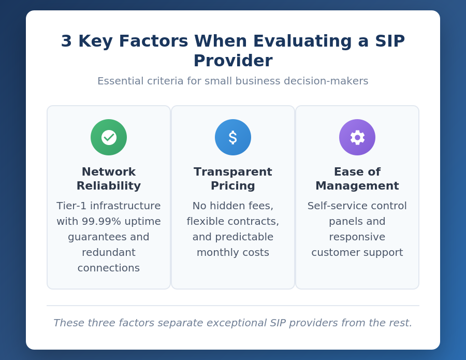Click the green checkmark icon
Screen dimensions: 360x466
click(x=109, y=137)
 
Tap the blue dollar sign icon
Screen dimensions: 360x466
click(x=233, y=137)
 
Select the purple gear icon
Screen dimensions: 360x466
click(x=357, y=137)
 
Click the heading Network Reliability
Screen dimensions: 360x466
click(x=109, y=179)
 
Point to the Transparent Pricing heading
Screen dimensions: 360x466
click(x=233, y=179)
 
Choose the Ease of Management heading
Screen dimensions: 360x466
click(x=357, y=179)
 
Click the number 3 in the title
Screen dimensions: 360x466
click(x=66, y=41)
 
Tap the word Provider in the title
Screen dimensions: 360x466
click(x=233, y=61)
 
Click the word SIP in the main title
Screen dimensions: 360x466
click(x=388, y=41)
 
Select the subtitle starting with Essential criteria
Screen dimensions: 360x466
click(x=233, y=81)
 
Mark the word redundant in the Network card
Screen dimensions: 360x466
click(x=109, y=252)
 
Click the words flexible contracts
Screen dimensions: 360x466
click(x=233, y=221)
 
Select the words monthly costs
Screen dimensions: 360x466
click(x=233, y=252)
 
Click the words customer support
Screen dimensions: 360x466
click(x=357, y=252)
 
